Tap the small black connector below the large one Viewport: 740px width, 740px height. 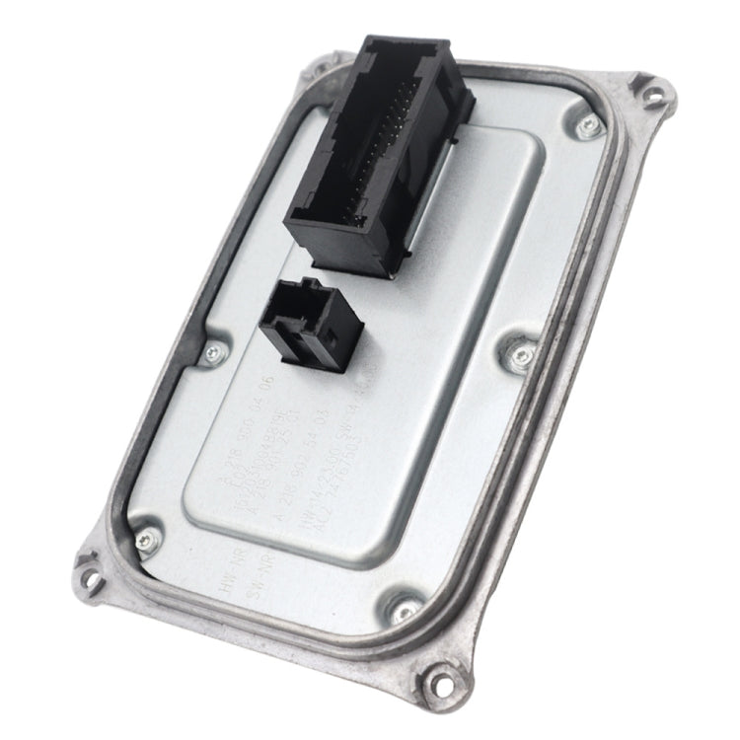(x=312, y=321)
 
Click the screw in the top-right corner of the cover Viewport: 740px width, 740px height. (x=589, y=124)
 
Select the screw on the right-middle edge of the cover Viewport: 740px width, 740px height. (x=521, y=354)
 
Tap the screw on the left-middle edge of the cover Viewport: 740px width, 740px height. (x=209, y=352)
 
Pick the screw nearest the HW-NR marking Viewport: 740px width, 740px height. (x=147, y=539)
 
